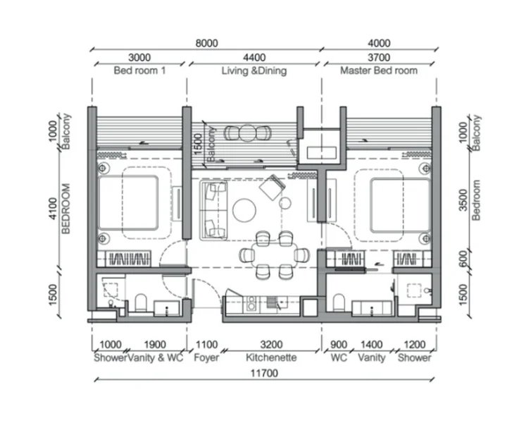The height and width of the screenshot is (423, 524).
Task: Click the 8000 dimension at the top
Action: (207, 43)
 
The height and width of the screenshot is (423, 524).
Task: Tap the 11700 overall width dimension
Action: (264, 373)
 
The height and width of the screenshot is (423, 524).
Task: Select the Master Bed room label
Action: (379, 70)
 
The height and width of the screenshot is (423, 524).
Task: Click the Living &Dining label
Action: (254, 71)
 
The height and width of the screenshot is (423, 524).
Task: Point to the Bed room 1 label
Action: (139, 70)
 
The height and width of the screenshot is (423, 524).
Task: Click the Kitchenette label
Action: (271, 357)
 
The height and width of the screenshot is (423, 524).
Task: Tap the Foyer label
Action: (206, 357)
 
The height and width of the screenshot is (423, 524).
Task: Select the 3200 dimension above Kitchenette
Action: (271, 345)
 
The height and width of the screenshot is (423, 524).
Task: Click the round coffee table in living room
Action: (244, 210)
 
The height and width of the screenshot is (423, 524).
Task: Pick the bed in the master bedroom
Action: (400, 205)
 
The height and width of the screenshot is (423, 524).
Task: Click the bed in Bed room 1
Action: (128, 203)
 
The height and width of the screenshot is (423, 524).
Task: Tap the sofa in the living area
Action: (214, 210)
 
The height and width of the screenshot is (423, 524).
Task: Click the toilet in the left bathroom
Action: (141, 302)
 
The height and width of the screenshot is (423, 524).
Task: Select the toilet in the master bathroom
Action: (339, 302)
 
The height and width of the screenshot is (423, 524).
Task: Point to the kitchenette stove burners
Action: (251, 302)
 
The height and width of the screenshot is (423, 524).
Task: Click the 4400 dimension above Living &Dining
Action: (254, 58)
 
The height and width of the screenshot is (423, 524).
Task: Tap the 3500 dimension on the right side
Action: (463, 200)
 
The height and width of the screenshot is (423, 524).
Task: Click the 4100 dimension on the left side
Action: (53, 208)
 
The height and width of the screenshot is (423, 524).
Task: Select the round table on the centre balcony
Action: (247, 133)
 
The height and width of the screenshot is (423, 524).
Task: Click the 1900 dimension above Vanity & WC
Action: (155, 345)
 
